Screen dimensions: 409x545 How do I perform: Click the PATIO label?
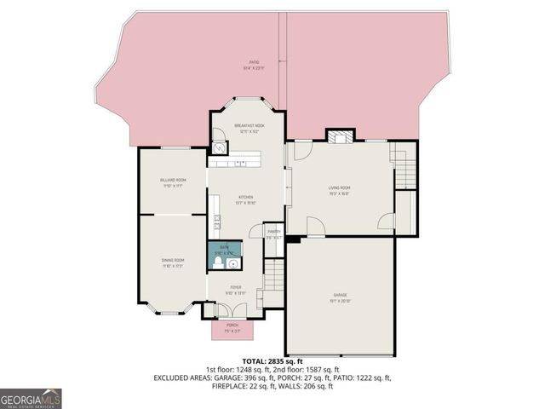[x=254, y=62]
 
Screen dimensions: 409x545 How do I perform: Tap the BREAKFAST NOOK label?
[x=247, y=125]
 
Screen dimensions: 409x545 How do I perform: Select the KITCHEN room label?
[x=246, y=198]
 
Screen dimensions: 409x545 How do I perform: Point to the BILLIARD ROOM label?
[x=173, y=181]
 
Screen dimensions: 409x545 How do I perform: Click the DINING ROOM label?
[x=173, y=262]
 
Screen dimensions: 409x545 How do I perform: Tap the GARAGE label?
[x=340, y=296]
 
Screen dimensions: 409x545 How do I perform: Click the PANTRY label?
[x=273, y=233]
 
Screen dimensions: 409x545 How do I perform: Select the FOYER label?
[x=236, y=289]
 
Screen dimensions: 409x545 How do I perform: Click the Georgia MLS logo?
[x=31, y=398]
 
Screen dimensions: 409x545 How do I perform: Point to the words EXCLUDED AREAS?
[x=184, y=377]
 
